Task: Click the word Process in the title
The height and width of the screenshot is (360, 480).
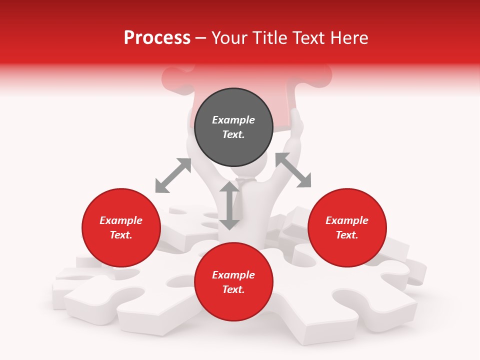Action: pyautogui.click(x=157, y=38)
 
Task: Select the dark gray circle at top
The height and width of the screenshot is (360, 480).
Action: pyautogui.click(x=233, y=127)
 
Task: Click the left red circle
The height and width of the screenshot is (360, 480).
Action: pyautogui.click(x=121, y=227)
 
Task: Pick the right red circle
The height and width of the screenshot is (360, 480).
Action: pyautogui.click(x=347, y=227)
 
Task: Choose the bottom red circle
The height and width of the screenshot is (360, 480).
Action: pyautogui.click(x=233, y=282)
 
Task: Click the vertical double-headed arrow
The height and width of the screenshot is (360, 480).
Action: pyautogui.click(x=229, y=205)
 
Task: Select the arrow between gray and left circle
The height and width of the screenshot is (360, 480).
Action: pyautogui.click(x=173, y=175)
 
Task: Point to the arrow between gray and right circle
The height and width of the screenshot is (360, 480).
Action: pyautogui.click(x=293, y=170)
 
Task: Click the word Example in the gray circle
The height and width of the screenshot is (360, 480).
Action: pyautogui.click(x=233, y=120)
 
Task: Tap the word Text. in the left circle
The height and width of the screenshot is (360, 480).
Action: pyautogui.click(x=121, y=235)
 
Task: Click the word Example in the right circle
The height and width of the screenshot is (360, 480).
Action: pyautogui.click(x=347, y=220)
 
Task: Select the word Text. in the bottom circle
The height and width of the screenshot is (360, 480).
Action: pyautogui.click(x=233, y=289)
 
